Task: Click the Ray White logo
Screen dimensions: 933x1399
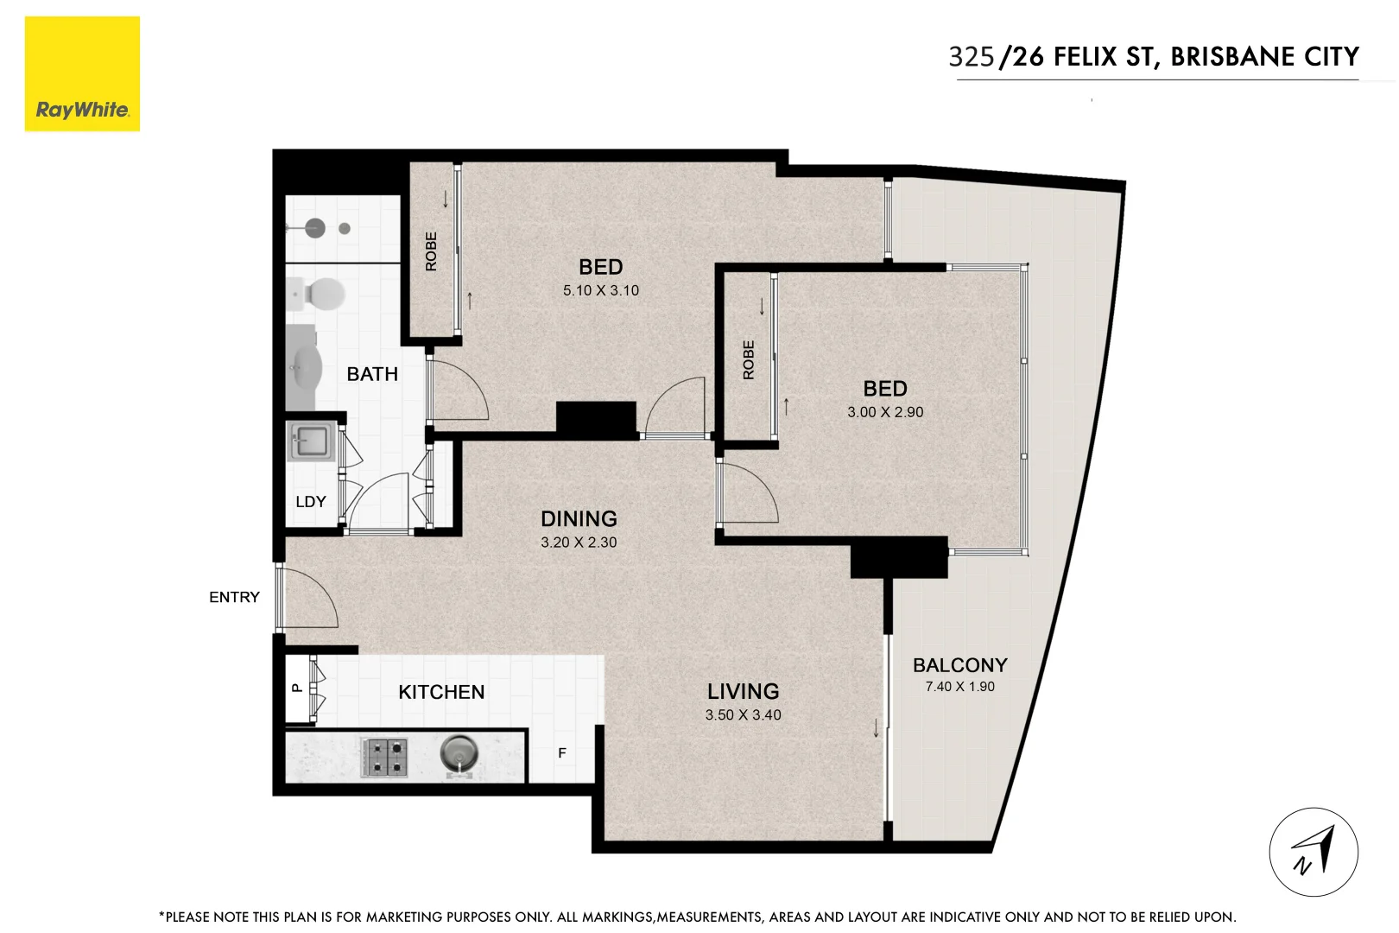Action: (82, 75)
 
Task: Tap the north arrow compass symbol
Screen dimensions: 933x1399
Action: (1313, 852)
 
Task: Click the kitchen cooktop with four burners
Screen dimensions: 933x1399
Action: (384, 758)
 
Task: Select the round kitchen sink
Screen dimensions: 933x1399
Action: (459, 754)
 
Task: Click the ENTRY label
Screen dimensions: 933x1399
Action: (234, 597)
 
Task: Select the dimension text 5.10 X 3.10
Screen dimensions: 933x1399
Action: (601, 290)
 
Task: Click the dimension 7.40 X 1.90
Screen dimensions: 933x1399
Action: (959, 687)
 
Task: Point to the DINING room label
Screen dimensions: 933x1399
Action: (579, 518)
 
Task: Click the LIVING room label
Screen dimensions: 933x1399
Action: (743, 691)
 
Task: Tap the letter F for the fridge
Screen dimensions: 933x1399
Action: (562, 753)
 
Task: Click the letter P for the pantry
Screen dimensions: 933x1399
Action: (296, 689)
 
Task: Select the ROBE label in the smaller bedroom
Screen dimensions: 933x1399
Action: (749, 360)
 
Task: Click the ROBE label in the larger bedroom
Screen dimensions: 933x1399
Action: (432, 251)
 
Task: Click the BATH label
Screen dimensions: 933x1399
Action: (372, 374)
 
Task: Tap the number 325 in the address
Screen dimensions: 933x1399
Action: (972, 57)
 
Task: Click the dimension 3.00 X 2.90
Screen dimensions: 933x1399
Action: (885, 412)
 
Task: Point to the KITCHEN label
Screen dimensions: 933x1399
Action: (441, 692)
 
